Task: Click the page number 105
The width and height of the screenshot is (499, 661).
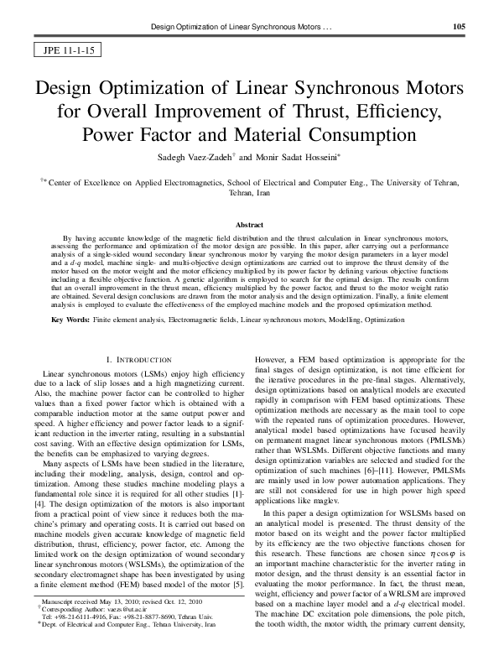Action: coord(459,27)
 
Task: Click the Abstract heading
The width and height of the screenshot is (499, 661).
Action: coord(249,226)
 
